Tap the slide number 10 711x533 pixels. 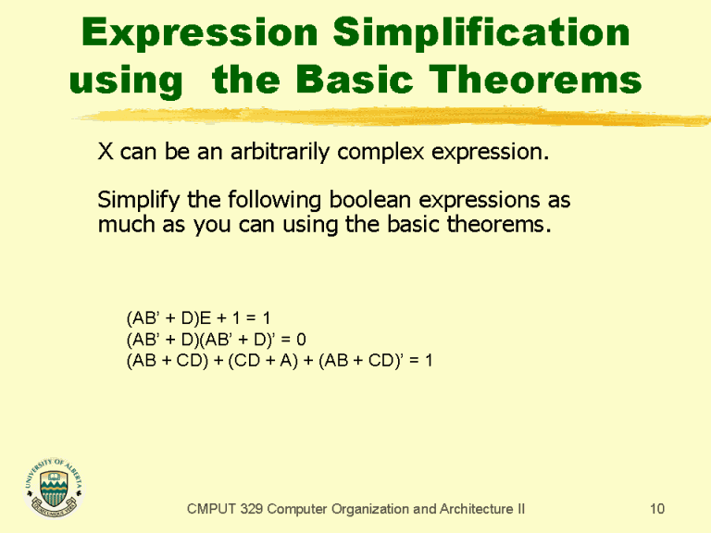click(657, 509)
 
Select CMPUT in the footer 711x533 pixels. click(212, 509)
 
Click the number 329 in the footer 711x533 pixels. click(256, 509)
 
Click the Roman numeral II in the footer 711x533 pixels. click(519, 509)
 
